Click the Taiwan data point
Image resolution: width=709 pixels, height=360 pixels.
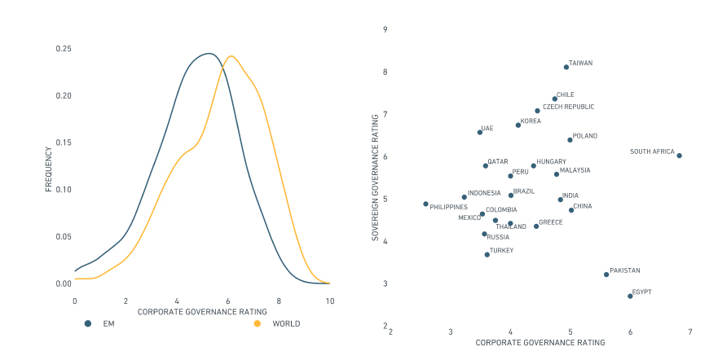click(x=566, y=67)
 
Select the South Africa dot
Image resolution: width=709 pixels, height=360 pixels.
click(x=679, y=156)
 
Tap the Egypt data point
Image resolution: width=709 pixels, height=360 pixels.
click(x=630, y=296)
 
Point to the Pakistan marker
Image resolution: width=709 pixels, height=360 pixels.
click(x=606, y=274)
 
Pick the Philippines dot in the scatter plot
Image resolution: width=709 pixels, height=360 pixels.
click(x=425, y=204)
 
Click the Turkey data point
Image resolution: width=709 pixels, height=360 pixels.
click(x=487, y=254)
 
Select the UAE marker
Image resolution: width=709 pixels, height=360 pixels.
click(x=479, y=132)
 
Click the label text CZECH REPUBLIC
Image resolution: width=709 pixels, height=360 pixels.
click(x=568, y=107)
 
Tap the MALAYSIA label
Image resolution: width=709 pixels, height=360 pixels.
click(x=575, y=170)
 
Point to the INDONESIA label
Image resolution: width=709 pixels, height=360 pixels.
click(x=484, y=193)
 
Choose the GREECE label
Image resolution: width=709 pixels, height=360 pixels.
click(x=551, y=222)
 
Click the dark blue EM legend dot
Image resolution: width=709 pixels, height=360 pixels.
click(x=87, y=323)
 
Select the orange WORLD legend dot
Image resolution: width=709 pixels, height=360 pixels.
click(x=258, y=323)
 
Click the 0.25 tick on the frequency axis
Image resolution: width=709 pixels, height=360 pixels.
click(x=64, y=49)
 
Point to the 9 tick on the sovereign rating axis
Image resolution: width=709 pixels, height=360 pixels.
click(x=385, y=29)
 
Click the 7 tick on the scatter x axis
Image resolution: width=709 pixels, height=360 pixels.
click(x=690, y=332)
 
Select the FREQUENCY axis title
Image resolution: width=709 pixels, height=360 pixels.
click(x=48, y=169)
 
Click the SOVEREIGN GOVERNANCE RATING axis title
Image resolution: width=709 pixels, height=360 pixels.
click(x=375, y=178)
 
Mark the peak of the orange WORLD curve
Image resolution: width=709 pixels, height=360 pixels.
click(x=231, y=56)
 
